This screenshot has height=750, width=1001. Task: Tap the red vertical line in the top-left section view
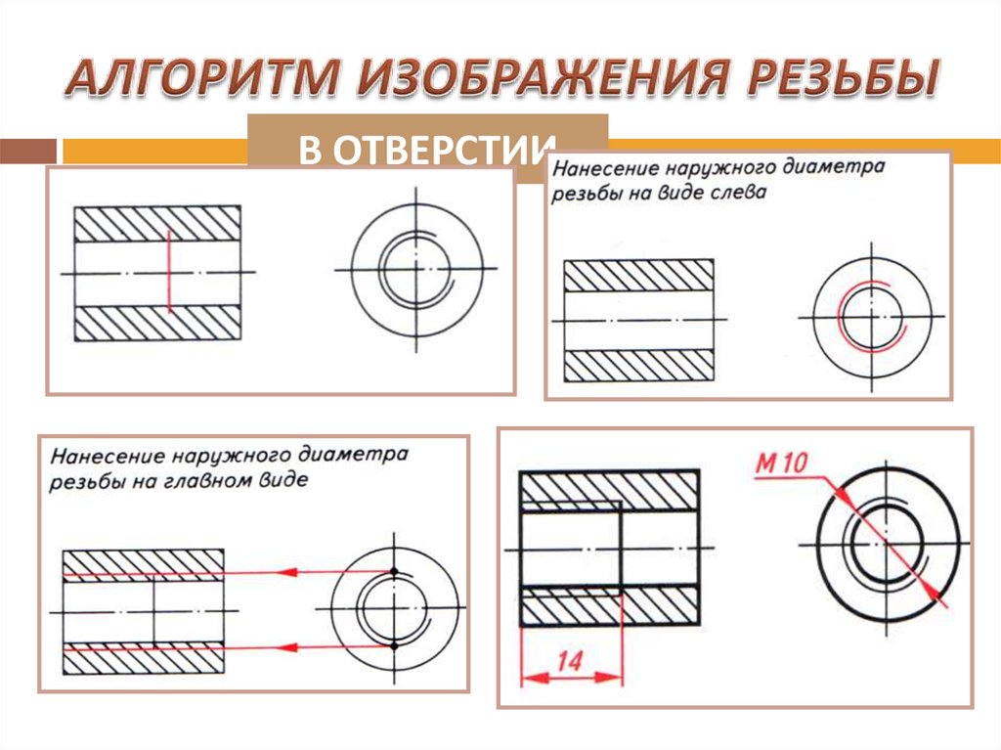pos(168,271)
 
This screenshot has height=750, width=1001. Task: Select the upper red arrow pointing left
pos(283,571)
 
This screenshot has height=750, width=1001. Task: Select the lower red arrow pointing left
pos(283,645)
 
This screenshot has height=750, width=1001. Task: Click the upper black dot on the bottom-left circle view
pos(393,570)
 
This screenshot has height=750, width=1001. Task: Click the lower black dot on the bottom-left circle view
pos(393,645)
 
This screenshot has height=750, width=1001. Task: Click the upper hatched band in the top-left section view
pos(157,224)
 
